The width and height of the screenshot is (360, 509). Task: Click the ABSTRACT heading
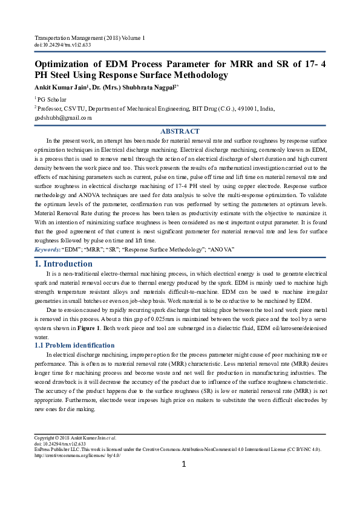tap(180, 131)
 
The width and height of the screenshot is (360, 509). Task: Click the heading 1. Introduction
tap(64, 264)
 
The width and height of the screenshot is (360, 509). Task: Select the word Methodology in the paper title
tap(197, 75)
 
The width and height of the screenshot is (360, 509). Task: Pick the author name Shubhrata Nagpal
tap(149, 87)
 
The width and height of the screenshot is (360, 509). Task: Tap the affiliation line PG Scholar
tap(53, 99)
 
